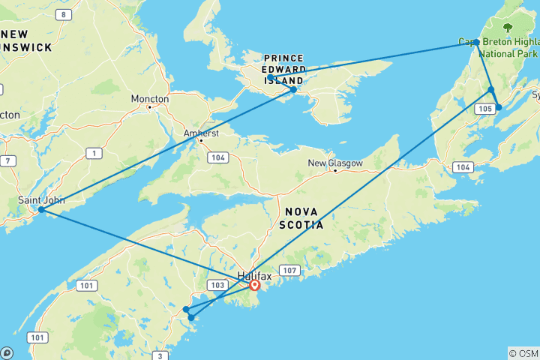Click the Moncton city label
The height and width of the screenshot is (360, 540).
149,98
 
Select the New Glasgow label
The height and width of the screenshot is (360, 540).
335,163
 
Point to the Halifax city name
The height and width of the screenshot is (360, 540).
254,275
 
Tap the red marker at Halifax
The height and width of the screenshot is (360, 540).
255,285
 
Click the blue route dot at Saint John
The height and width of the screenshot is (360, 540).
40,210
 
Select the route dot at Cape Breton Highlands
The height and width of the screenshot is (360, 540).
477,42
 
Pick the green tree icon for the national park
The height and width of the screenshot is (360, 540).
508,27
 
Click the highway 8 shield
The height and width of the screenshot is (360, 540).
64,14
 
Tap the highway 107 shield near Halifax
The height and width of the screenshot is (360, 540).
289,269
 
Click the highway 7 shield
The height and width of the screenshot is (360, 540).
7,160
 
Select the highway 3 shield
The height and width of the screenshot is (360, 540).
160,355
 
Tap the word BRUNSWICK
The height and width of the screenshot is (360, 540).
25,47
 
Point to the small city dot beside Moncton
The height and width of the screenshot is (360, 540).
150,106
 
